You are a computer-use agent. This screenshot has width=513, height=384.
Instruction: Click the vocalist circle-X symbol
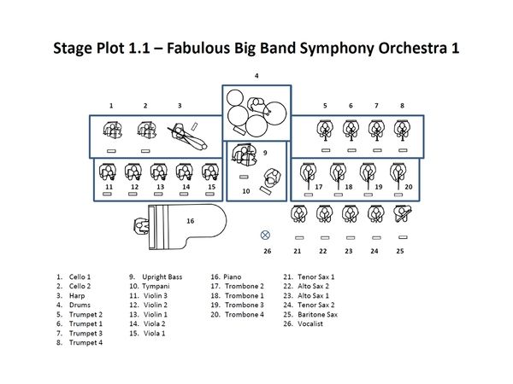coord(265,234)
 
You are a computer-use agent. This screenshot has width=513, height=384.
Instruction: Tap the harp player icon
coord(189,132)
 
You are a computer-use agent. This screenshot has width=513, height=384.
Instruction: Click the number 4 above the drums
coord(256,76)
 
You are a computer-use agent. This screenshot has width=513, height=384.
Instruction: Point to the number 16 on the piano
coord(190,221)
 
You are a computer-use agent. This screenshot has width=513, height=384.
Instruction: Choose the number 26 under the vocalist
coord(266,251)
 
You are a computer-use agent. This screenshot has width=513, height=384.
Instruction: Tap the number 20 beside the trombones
coord(408,186)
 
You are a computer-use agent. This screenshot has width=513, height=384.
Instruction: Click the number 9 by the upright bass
coord(265,153)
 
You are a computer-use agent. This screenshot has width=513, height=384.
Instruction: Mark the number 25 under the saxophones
coord(399,251)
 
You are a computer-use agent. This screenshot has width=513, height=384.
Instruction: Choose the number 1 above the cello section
coord(111,105)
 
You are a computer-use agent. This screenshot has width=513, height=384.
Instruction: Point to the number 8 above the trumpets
coord(401,105)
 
